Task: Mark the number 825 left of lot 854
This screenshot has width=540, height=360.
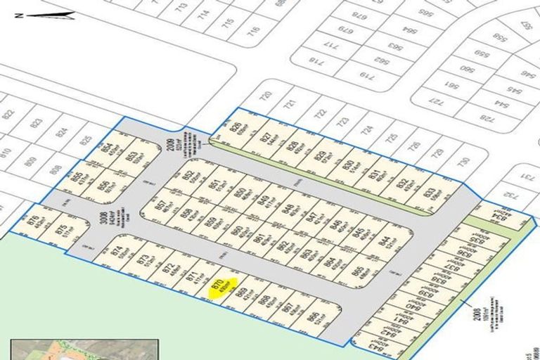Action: click(86, 139)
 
